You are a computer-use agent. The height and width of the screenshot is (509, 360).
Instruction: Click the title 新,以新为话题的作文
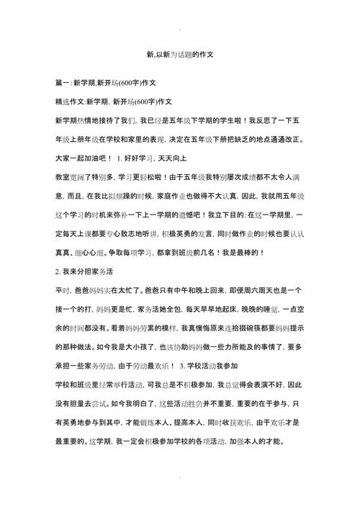(x=181, y=54)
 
